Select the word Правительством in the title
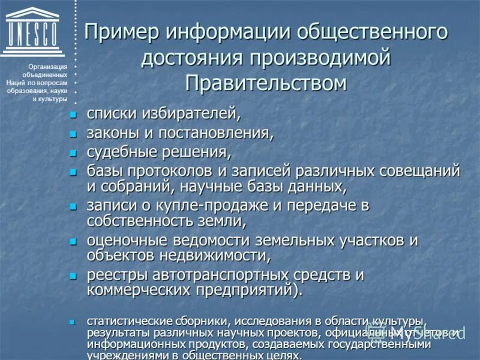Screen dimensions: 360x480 click(x=266, y=82)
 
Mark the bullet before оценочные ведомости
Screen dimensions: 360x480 click(x=73, y=241)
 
